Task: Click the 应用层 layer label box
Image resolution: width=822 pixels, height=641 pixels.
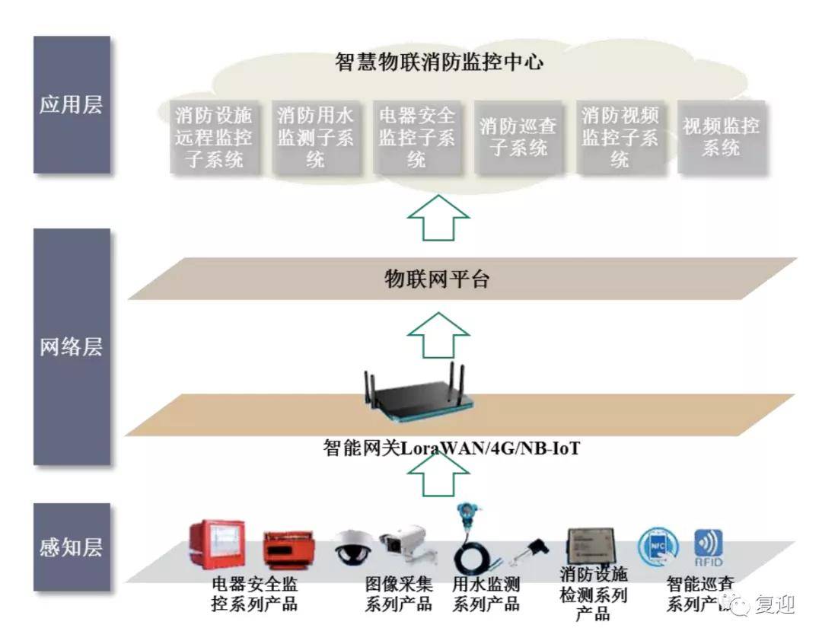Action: point(72,105)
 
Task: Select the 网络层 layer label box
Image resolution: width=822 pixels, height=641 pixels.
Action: point(72,347)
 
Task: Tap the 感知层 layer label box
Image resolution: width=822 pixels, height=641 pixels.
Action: point(72,547)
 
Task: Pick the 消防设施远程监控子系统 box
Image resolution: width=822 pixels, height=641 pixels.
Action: point(214,138)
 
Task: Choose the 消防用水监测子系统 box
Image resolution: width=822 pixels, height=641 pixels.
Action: point(315,138)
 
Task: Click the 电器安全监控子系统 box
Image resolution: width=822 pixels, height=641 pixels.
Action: point(416,138)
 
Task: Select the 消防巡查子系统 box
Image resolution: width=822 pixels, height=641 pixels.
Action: point(518,138)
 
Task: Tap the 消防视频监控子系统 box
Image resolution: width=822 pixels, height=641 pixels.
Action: point(620,138)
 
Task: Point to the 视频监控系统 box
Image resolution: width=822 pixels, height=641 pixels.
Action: point(721,138)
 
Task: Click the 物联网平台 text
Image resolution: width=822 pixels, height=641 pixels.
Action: point(435,280)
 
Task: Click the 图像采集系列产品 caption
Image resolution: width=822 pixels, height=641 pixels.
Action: point(399,595)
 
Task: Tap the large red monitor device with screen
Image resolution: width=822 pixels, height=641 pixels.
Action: point(218,541)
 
